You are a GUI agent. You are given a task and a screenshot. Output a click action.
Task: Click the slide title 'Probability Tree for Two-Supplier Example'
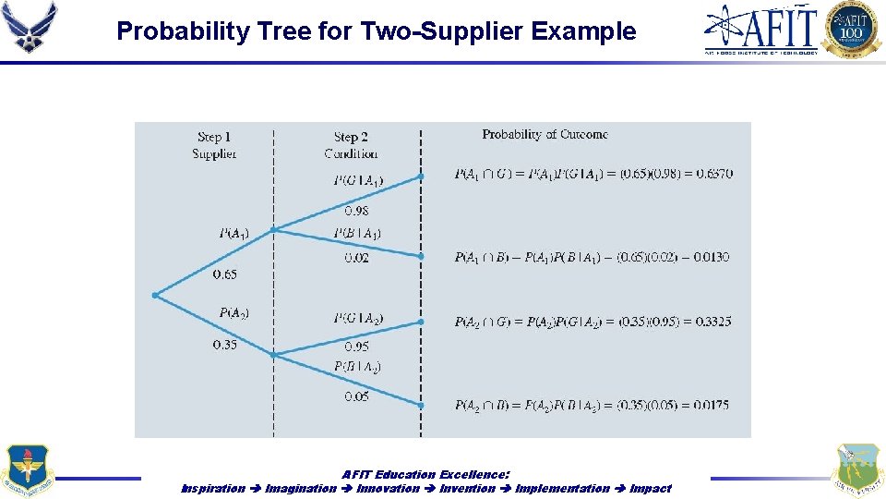click(377, 31)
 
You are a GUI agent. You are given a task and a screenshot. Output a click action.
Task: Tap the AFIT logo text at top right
click(761, 29)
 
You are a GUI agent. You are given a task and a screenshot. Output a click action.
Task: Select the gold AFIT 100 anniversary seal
click(852, 29)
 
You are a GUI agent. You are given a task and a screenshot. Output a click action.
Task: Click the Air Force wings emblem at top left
click(30, 27)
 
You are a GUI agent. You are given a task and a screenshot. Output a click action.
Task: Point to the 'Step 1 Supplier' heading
click(214, 145)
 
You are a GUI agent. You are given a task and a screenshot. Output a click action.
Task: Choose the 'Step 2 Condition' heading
click(351, 145)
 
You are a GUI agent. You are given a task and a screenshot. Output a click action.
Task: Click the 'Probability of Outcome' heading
click(545, 135)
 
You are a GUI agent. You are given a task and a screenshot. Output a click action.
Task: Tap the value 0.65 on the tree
click(224, 274)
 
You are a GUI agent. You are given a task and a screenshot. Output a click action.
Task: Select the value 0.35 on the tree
click(224, 345)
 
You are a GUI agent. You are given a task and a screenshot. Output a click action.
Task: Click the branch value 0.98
click(356, 211)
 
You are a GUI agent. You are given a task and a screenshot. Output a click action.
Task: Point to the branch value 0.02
click(356, 258)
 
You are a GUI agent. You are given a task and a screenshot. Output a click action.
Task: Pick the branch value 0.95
click(356, 347)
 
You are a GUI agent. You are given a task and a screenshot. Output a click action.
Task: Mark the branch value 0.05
click(356, 396)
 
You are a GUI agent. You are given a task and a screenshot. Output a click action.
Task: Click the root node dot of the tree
click(155, 295)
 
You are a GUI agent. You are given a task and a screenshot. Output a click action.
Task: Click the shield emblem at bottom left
click(28, 470)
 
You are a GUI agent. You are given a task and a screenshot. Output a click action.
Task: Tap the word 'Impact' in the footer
click(651, 488)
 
